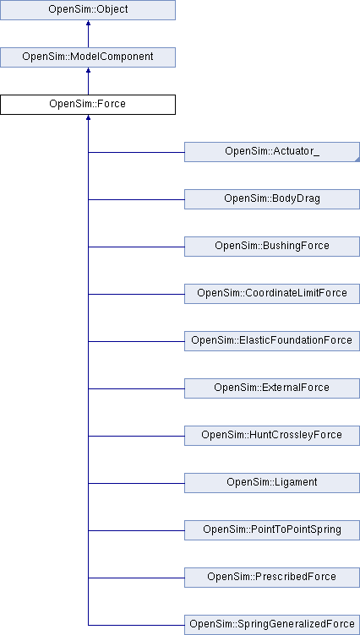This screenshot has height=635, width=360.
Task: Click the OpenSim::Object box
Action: click(88, 10)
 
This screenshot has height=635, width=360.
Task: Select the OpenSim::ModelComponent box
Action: click(88, 57)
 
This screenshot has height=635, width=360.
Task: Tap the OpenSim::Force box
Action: click(88, 105)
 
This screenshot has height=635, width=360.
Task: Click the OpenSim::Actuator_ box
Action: click(272, 152)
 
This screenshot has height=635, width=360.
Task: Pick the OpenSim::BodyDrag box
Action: click(272, 199)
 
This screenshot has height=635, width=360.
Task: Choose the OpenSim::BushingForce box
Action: click(272, 247)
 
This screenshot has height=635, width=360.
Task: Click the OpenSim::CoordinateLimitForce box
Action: click(272, 294)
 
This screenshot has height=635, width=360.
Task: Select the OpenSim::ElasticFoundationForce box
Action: click(272, 341)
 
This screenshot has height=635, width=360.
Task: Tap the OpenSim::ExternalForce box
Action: click(272, 388)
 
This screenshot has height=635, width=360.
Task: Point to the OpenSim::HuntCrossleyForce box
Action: click(272, 436)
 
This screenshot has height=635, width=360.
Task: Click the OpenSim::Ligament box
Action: click(272, 482)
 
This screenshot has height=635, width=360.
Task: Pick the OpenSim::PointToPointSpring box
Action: click(272, 529)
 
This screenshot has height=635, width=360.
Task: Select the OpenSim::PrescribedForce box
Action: click(272, 577)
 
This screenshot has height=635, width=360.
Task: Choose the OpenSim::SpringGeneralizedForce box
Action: click(272, 624)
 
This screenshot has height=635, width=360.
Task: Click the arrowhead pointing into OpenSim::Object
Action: click(88, 25)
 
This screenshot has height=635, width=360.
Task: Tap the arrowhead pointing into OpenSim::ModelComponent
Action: click(88, 73)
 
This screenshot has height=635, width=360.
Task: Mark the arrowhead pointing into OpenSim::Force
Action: click(88, 120)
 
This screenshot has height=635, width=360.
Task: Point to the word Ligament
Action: click(293, 482)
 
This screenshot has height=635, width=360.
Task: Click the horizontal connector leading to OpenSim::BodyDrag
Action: click(136, 199)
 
